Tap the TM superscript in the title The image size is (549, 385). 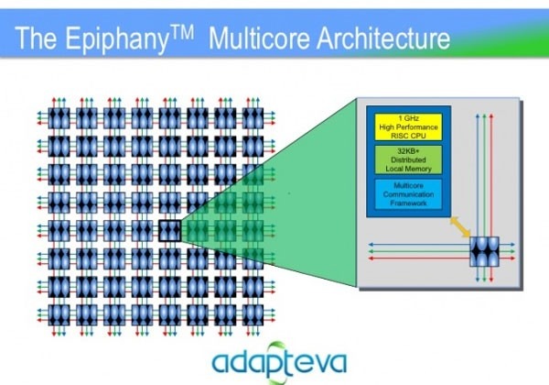[194, 31]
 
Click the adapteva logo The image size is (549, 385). [265, 358]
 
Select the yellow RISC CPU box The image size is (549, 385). [404, 126]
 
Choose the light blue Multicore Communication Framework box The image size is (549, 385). [404, 195]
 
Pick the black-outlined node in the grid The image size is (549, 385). [169, 229]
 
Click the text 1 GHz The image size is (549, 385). [404, 116]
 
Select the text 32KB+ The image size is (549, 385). [404, 150]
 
